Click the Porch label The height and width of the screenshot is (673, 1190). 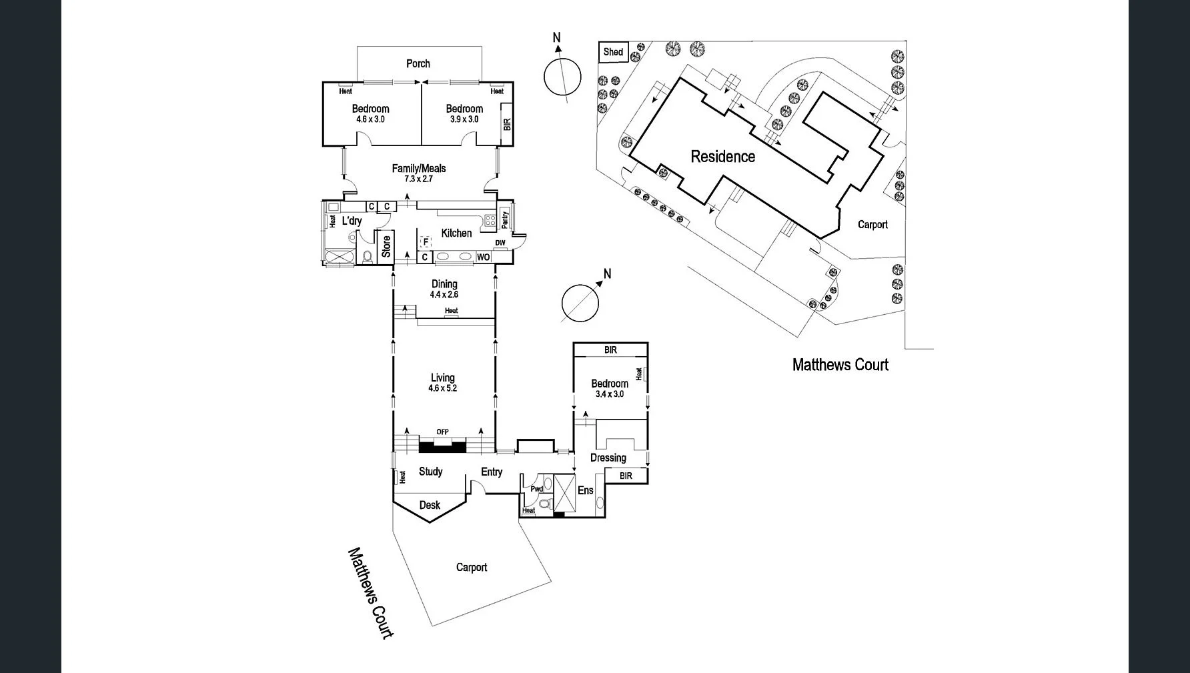click(x=418, y=64)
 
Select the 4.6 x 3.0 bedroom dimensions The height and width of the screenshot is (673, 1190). click(x=370, y=119)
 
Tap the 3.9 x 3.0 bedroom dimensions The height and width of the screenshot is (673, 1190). click(x=464, y=119)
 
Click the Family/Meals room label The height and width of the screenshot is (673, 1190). click(x=419, y=169)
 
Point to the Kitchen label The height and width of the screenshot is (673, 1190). click(x=456, y=233)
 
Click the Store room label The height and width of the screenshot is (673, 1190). click(x=386, y=246)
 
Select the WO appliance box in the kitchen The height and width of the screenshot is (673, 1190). click(x=484, y=257)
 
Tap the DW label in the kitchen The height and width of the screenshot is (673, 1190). click(x=500, y=243)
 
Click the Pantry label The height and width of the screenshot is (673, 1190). click(x=504, y=219)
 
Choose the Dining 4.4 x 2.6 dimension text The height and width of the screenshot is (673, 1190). click(x=444, y=295)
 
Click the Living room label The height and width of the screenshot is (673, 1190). click(x=442, y=378)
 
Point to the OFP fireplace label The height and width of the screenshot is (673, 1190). click(x=442, y=432)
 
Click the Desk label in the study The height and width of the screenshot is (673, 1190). click(x=430, y=505)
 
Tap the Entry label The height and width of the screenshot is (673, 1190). click(x=492, y=472)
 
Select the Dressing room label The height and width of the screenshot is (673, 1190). click(x=608, y=458)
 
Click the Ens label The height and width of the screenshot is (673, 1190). click(x=585, y=490)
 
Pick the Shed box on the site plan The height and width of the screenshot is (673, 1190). click(x=613, y=52)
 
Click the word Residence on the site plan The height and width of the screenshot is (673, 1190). click(x=723, y=157)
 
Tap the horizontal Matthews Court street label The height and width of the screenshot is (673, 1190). click(x=840, y=365)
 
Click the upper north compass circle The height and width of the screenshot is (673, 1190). click(x=562, y=77)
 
